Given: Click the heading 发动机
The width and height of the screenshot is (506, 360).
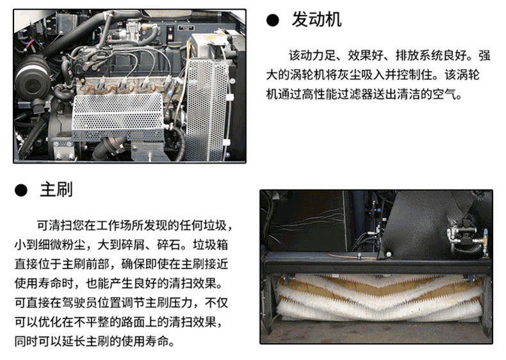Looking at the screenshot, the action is pyautogui.click(x=316, y=19).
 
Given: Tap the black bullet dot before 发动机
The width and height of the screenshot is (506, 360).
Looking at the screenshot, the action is pyautogui.click(x=273, y=20).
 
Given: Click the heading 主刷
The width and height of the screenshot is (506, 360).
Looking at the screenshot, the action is pyautogui.click(x=56, y=190).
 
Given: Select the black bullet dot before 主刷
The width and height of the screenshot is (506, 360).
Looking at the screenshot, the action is pyautogui.click(x=21, y=190).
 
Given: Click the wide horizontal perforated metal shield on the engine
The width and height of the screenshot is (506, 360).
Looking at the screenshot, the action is pyautogui.click(x=118, y=117).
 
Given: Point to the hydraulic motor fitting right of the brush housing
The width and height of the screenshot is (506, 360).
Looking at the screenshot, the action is pyautogui.click(x=465, y=236).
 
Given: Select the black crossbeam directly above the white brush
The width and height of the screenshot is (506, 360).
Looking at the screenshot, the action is pyautogui.click(x=378, y=265).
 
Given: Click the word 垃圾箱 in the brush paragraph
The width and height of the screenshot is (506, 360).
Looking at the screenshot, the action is pyautogui.click(x=210, y=245).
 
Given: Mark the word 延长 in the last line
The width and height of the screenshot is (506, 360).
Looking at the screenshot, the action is pyautogui.click(x=74, y=341).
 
